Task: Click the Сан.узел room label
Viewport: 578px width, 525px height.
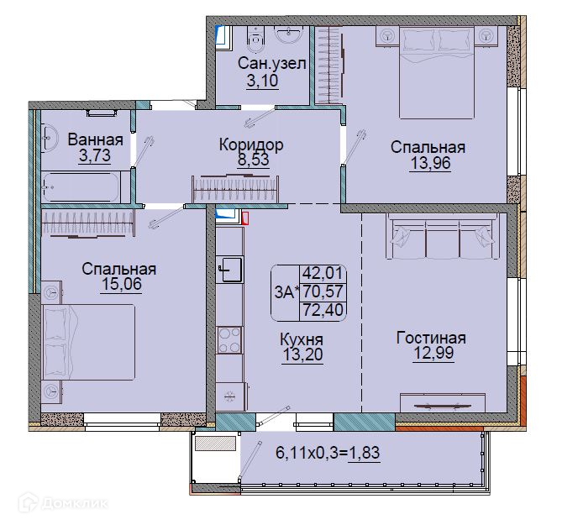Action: [x=271, y=63]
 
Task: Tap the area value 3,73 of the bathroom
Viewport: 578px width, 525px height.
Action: [x=95, y=155]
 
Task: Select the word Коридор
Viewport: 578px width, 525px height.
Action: [x=251, y=144]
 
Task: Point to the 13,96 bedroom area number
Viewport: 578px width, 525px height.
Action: [x=430, y=163]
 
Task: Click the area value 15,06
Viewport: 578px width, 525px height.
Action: [x=122, y=284]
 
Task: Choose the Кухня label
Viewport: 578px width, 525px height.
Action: [x=302, y=339]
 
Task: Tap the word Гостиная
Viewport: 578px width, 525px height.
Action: [x=431, y=338]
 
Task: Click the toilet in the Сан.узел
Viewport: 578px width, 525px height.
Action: [x=255, y=39]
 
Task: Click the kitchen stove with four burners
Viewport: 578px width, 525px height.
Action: [x=229, y=340]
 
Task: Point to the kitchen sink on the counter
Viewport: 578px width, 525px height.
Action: [x=230, y=270]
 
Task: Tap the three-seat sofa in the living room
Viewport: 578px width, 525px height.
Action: [x=441, y=236]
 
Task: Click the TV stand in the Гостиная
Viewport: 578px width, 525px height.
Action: [x=443, y=402]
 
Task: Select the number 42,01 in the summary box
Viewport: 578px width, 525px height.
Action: [x=323, y=273]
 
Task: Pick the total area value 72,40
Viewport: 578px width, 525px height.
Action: [x=323, y=310]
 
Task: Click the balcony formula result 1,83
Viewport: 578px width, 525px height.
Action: [x=365, y=452]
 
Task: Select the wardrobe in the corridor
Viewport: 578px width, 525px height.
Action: [x=235, y=188]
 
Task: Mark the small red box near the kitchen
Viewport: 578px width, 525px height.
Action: [x=245, y=218]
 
